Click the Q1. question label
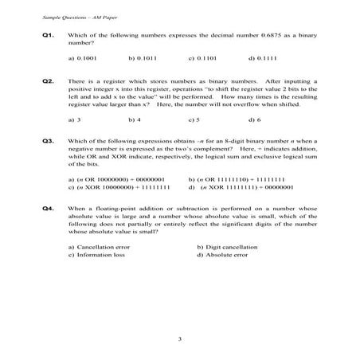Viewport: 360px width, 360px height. point(47,37)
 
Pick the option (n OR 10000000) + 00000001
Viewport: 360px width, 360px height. point(116,179)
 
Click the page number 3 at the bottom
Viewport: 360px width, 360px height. point(181,340)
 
